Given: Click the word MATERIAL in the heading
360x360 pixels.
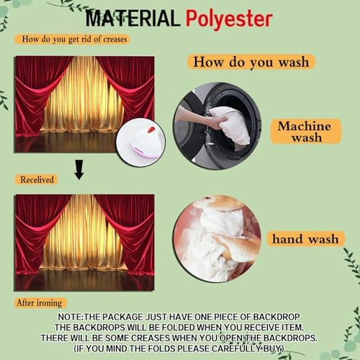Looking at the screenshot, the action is pyautogui.click(x=132, y=19).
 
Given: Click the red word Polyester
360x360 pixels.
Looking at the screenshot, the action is pyautogui.click(x=229, y=19).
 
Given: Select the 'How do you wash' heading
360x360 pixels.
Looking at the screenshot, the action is pyautogui.click(x=251, y=62).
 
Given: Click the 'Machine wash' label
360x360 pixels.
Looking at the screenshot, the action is pyautogui.click(x=305, y=131).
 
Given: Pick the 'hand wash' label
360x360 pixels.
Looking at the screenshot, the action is pyautogui.click(x=305, y=239).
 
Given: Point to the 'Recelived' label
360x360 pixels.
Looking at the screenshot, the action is pyautogui.click(x=37, y=179).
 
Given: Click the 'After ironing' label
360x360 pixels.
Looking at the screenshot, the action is pyautogui.click(x=40, y=303).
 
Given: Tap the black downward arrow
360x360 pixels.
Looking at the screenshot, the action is pyautogui.click(x=79, y=169).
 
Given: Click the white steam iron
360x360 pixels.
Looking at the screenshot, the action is pyautogui.click(x=140, y=143).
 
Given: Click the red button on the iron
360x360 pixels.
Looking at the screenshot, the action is pyautogui.click(x=150, y=130).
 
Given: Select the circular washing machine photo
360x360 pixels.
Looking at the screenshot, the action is pyautogui.click(x=217, y=126).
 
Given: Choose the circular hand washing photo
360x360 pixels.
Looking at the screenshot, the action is pyautogui.click(x=217, y=239).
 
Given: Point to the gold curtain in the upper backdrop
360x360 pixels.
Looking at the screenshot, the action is pyautogui.click(x=83, y=96).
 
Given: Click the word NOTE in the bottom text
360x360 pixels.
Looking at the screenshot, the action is pyautogui.click(x=70, y=317).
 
